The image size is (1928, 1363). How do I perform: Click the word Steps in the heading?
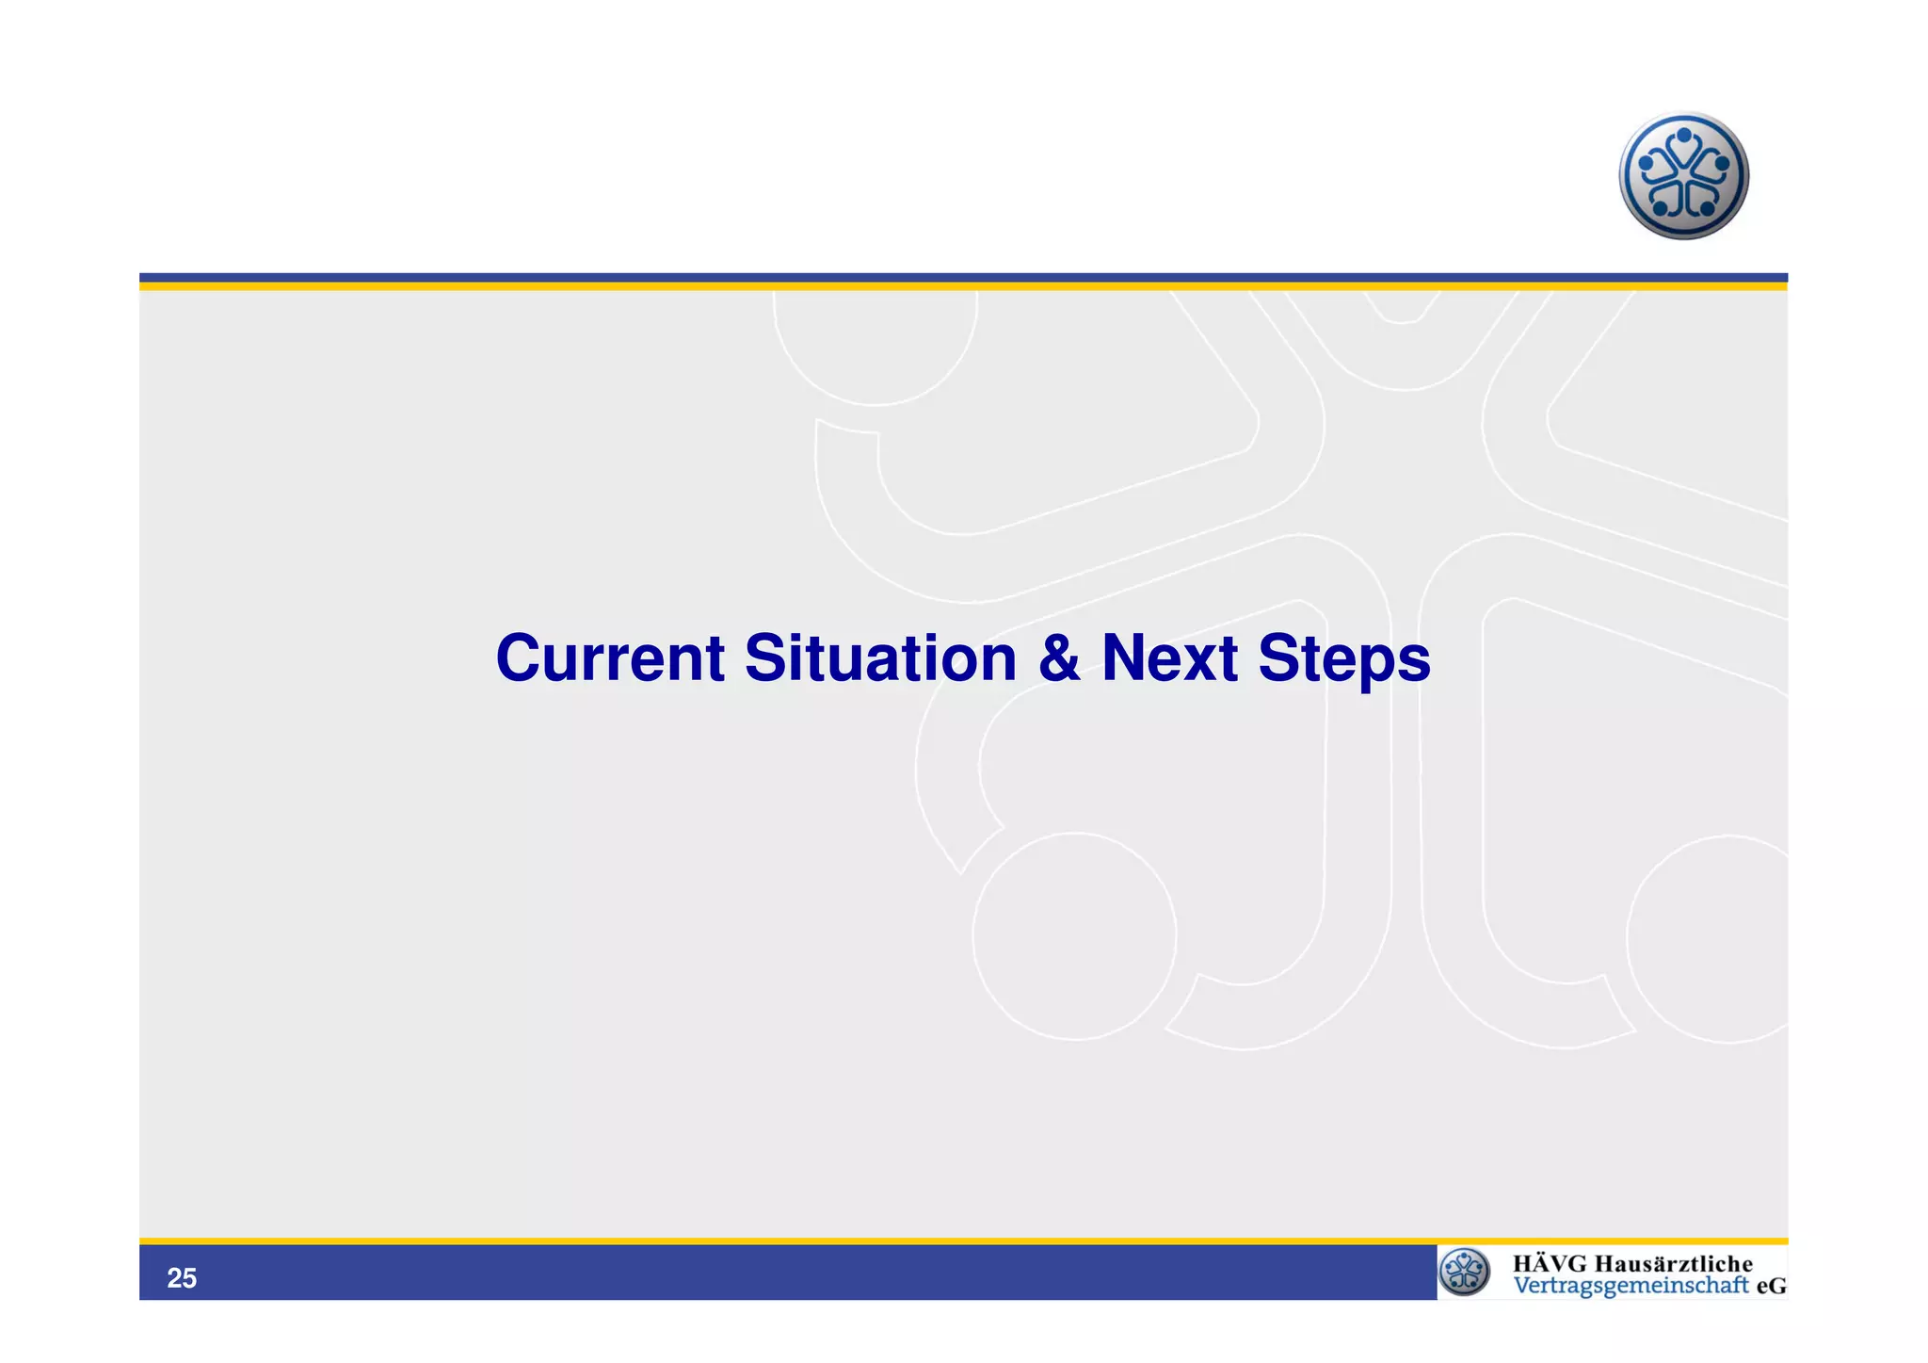pyautogui.click(x=1344, y=659)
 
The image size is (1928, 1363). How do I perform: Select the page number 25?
pyautogui.click(x=182, y=1278)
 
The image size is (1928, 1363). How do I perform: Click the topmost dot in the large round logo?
pyautogui.click(x=1684, y=136)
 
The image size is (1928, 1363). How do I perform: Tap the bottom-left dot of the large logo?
pyautogui.click(x=1660, y=208)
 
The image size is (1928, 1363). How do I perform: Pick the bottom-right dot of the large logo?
pyautogui.click(x=1709, y=208)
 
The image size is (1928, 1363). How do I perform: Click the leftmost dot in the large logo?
pyautogui.click(x=1646, y=163)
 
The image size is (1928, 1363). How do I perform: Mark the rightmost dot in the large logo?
pyautogui.click(x=1723, y=163)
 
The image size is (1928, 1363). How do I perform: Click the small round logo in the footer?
pyautogui.click(x=1465, y=1272)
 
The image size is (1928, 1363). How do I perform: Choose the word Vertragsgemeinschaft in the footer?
pyautogui.click(x=1631, y=1286)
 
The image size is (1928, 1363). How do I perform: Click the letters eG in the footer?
pyautogui.click(x=1771, y=1286)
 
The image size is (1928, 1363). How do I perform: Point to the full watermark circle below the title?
pyautogui.click(x=1074, y=936)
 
